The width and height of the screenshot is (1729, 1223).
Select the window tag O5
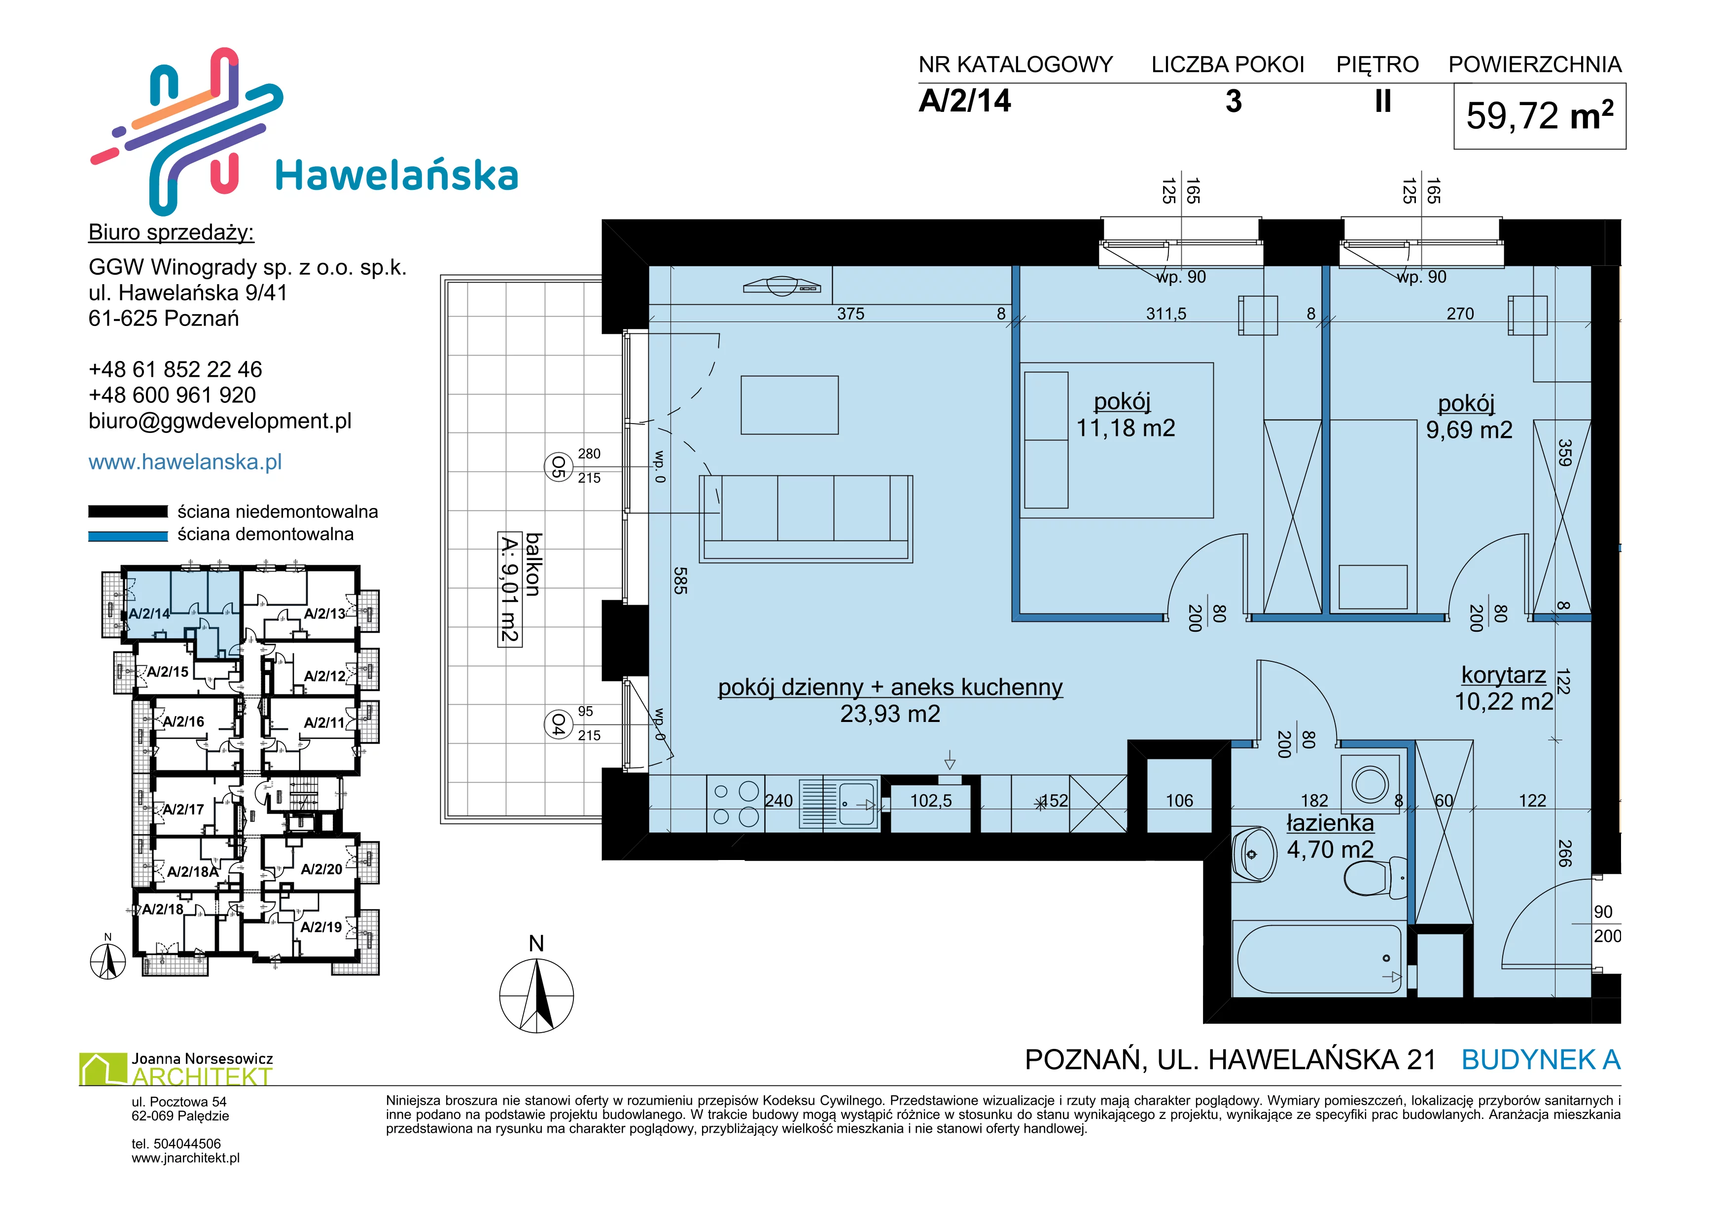(558, 466)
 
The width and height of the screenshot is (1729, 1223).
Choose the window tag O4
(558, 724)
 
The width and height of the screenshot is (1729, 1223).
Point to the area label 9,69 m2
(1469, 430)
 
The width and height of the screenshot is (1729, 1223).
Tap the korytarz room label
(1504, 675)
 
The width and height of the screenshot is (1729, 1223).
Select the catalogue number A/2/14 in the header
(965, 101)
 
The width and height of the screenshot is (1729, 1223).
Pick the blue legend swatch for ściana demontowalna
(128, 536)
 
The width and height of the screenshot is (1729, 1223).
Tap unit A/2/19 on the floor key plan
(321, 927)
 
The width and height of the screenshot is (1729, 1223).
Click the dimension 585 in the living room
(680, 580)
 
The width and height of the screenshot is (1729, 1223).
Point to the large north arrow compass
(537, 996)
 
